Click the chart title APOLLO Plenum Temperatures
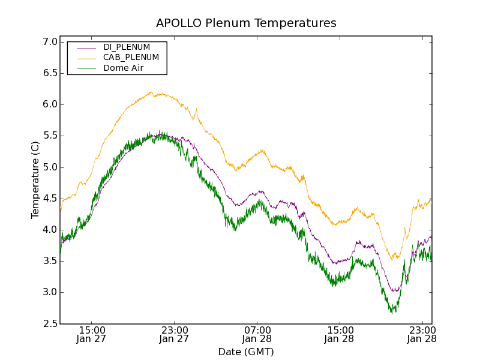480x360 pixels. pyautogui.click(x=246, y=23)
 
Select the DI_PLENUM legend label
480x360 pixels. pyautogui.click(x=127, y=47)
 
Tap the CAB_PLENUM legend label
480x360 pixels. pyautogui.click(x=131, y=58)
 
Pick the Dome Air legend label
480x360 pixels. pyautogui.click(x=124, y=68)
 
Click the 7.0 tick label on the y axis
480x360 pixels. pyautogui.click(x=50, y=42)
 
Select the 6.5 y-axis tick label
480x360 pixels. pyautogui.click(x=50, y=73)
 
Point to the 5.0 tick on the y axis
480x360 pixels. pyautogui.click(x=50, y=167)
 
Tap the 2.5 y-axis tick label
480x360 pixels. pyautogui.click(x=50, y=324)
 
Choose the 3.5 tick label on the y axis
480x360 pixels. pyautogui.click(x=50, y=261)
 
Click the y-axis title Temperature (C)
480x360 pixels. pyautogui.click(x=35, y=180)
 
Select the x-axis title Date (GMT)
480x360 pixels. pyautogui.click(x=246, y=352)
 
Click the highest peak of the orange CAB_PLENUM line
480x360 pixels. pyautogui.click(x=151, y=92)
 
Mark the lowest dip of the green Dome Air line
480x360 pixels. pyautogui.click(x=392, y=313)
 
